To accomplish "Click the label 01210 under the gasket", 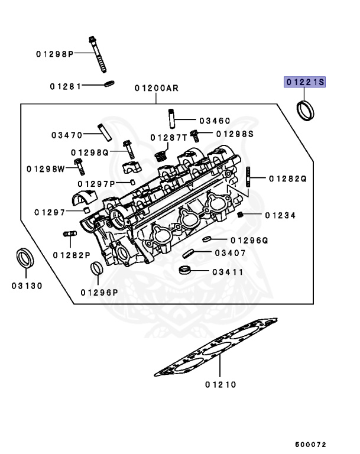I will pyautogui.click(x=221, y=385).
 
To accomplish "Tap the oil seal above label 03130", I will pyautogui.click(x=25, y=259).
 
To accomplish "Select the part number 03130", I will pyautogui.click(x=27, y=286).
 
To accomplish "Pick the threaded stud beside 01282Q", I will pyautogui.click(x=248, y=177).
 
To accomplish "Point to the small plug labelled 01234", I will pyautogui.click(x=241, y=215).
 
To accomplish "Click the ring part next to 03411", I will pyautogui.click(x=185, y=272).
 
